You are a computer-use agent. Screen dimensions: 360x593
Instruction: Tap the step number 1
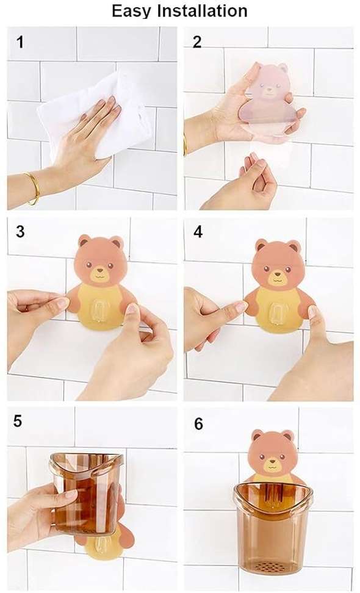pos(20,41)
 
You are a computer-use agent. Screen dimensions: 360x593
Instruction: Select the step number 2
pos(197,42)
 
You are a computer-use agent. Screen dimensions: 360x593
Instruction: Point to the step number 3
pos(20,231)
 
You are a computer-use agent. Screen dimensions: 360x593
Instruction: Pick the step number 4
pos(198,232)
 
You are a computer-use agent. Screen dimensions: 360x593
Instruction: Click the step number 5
pos(18,421)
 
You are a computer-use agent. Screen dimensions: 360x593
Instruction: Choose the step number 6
pos(198,424)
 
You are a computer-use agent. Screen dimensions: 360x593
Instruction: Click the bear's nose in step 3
pos(100,271)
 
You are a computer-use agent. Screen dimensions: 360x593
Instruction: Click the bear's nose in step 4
pos(277,273)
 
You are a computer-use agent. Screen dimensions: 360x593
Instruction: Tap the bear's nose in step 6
pos(273,462)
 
